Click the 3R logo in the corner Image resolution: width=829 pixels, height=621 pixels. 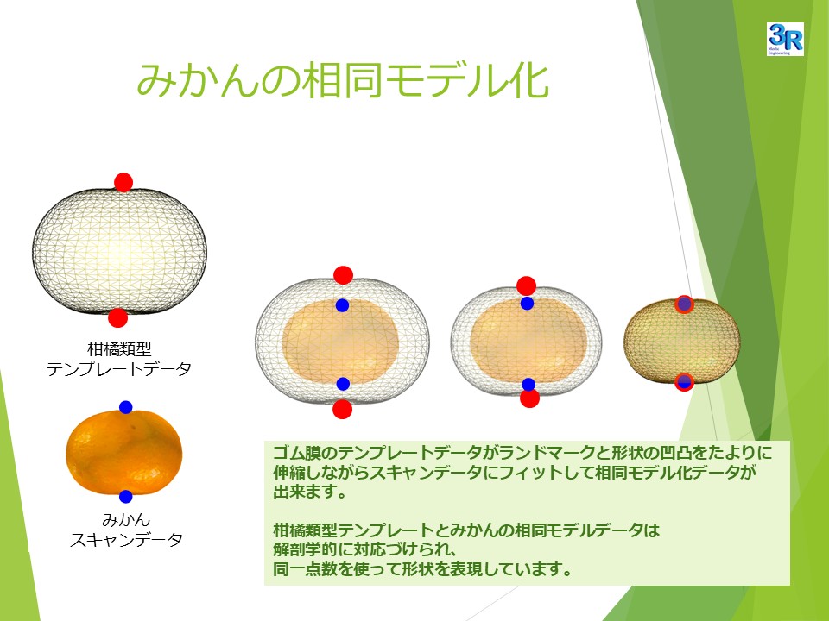click(x=785, y=39)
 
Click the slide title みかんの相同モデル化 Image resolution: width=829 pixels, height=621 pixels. click(x=343, y=80)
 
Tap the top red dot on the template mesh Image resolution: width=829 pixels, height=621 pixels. click(x=123, y=182)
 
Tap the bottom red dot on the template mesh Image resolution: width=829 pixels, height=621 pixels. click(x=118, y=318)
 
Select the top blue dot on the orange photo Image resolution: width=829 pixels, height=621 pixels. click(x=125, y=407)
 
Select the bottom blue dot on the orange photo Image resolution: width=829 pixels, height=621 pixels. click(x=125, y=497)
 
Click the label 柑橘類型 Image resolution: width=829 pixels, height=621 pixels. click(x=119, y=349)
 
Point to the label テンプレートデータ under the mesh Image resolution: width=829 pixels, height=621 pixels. click(x=119, y=368)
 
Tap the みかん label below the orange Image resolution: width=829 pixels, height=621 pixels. click(x=126, y=519)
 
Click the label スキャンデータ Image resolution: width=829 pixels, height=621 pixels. click(x=126, y=539)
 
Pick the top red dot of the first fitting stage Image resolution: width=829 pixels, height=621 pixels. click(x=343, y=275)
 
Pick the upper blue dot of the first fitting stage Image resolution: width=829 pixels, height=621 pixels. click(x=343, y=305)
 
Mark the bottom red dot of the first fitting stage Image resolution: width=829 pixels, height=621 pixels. click(x=343, y=409)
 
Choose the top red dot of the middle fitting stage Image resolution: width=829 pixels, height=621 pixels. click(x=526, y=285)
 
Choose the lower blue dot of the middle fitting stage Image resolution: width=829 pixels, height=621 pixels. click(x=528, y=384)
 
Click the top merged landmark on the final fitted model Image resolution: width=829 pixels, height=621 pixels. click(x=684, y=304)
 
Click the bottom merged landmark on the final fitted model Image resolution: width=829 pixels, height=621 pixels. click(x=684, y=382)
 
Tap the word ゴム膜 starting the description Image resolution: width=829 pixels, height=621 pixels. click(x=296, y=453)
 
